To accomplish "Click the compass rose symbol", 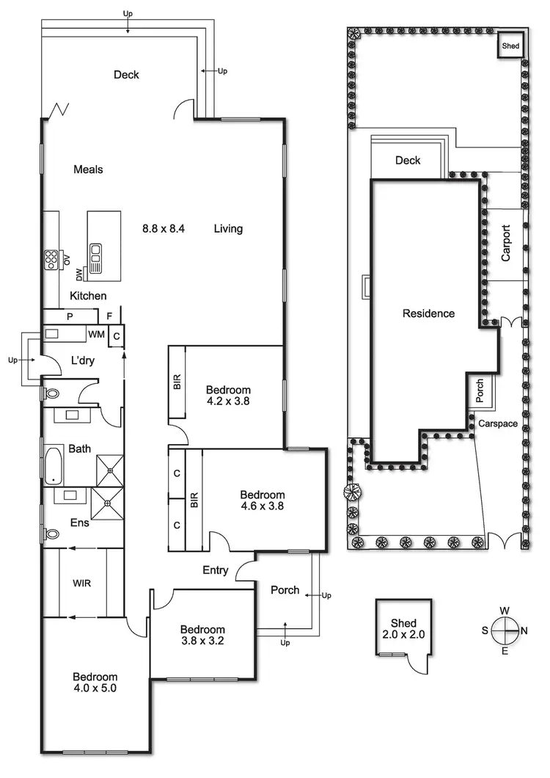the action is pos(505,629).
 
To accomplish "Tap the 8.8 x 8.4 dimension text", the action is pos(164,229).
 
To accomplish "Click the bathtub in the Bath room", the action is pos(54,466).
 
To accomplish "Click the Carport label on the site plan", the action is pos(506,243).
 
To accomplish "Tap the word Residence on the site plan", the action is pos(428,313).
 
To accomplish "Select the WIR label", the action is pos(81,583).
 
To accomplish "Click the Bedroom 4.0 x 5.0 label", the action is pos(95,683).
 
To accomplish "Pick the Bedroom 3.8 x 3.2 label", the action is pos(202,635).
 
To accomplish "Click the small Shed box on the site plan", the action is pos(510,46).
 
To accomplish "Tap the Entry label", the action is pos(216,570).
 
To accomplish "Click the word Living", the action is pos(228,229).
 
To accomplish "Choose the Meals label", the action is pos(88,170).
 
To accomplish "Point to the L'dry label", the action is pos(84,361).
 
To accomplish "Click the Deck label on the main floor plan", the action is pos(126,75).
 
